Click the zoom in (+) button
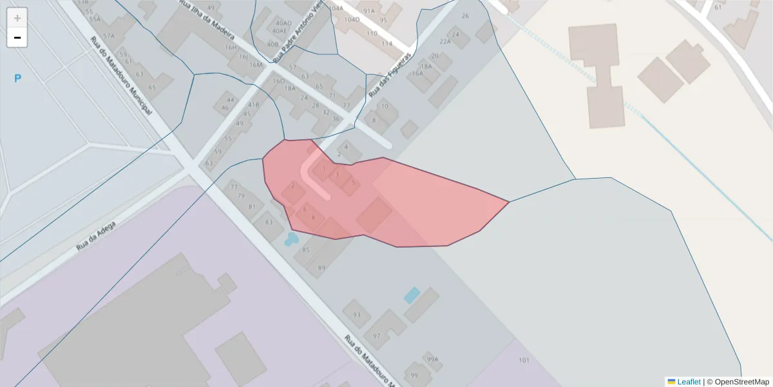(17, 18)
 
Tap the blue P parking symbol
(18, 79)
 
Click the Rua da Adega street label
(95, 236)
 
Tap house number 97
(376, 336)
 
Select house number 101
(524, 360)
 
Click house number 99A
(432, 359)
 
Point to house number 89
(321, 268)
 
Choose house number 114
(386, 43)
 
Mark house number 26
(465, 15)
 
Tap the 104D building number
(352, 19)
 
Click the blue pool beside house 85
(291, 239)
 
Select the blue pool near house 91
(411, 295)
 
